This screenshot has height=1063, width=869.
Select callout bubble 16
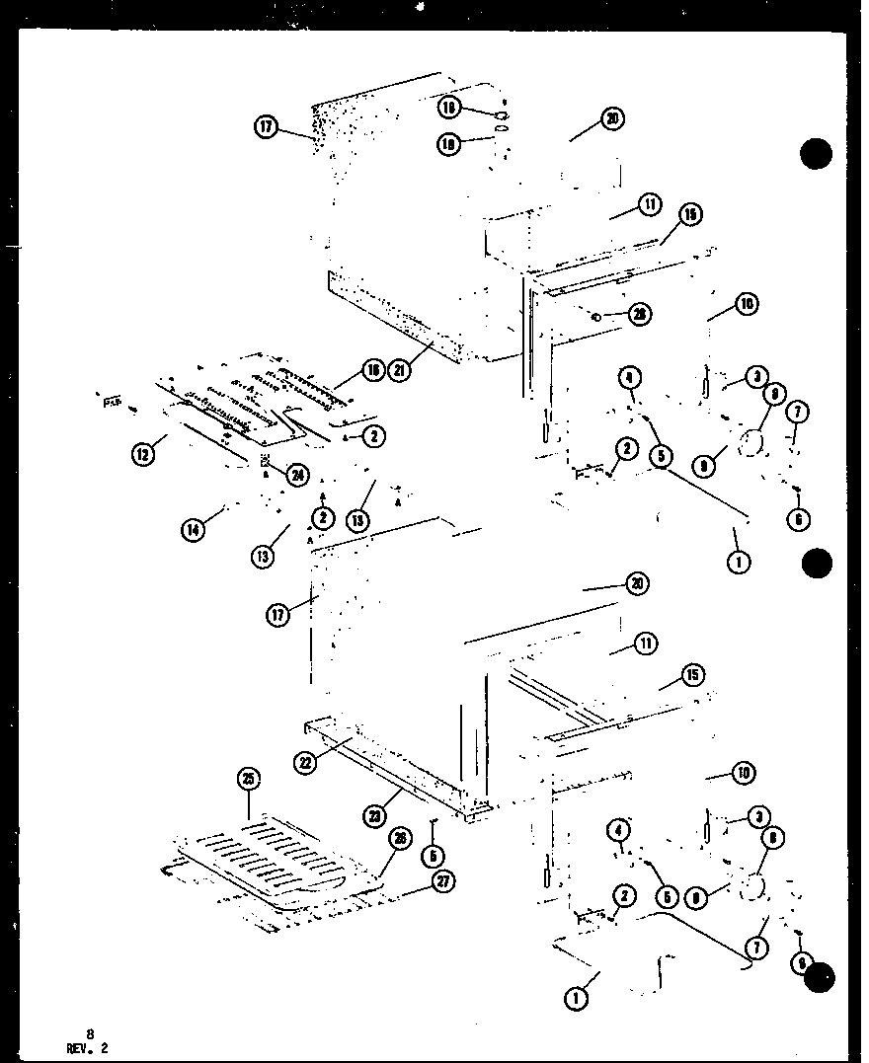pos(371,370)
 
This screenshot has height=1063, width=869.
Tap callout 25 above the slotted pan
pos(248,779)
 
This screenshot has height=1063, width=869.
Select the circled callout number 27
pos(443,882)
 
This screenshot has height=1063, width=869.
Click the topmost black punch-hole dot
pos(816,154)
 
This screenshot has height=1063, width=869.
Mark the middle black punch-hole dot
pos(817,563)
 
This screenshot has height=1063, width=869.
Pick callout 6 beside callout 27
pos(435,856)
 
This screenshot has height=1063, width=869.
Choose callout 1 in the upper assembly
pos(738,563)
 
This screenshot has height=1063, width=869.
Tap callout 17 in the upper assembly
pos(265,127)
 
